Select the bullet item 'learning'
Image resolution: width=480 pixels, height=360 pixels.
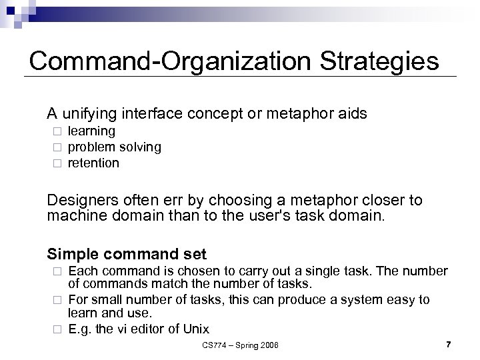tap(91, 131)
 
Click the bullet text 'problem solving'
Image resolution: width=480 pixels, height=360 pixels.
tap(114, 147)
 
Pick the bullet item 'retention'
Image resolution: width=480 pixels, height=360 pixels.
tap(93, 163)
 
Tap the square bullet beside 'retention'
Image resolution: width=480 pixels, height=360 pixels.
tap(57, 163)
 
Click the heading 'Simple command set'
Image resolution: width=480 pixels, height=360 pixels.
tap(127, 254)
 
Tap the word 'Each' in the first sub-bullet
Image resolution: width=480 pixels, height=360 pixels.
tap(82, 271)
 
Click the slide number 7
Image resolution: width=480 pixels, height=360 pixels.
tap(448, 344)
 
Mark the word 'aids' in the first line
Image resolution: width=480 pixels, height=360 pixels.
tap(352, 113)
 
